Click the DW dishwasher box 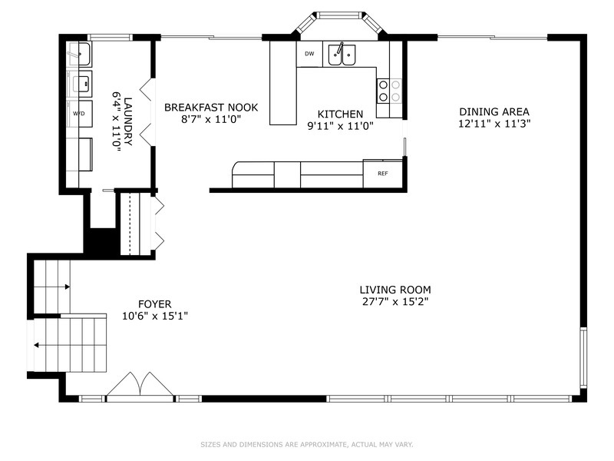[x=309, y=54]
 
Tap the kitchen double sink [x=342, y=55]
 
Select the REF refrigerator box [x=382, y=174]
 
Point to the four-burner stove [x=389, y=91]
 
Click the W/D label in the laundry [x=79, y=113]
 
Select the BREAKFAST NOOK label [x=210, y=108]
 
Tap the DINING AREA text [x=494, y=111]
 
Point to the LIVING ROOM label [x=395, y=290]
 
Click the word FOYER [x=154, y=303]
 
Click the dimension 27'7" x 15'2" [x=395, y=302]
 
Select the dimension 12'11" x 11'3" [x=494, y=123]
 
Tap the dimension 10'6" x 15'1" [x=154, y=315]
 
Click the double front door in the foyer [x=140, y=386]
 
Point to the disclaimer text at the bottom [x=307, y=444]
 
